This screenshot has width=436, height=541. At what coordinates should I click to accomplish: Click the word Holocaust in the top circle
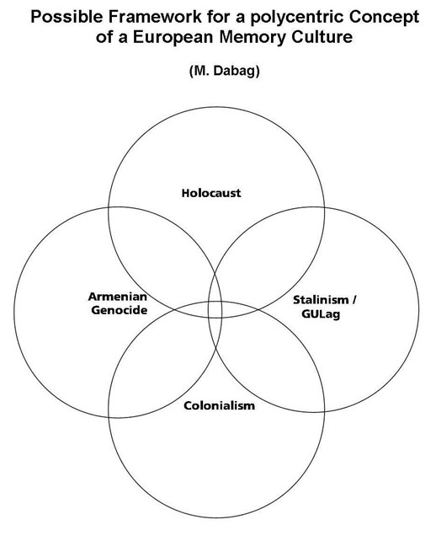211,193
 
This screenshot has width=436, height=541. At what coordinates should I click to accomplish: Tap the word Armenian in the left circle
118,297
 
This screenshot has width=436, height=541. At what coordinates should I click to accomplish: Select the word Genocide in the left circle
120,310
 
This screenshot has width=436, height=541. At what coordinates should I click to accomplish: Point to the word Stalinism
321,300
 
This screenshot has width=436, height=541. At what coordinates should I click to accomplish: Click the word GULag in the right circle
321,314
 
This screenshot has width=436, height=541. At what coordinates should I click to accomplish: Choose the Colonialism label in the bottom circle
219,405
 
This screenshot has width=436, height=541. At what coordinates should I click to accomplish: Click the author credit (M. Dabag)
225,71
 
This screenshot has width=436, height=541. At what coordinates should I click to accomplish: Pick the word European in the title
173,37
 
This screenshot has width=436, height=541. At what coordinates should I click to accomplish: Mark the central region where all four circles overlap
215,309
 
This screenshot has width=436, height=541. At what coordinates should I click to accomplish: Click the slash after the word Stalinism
354,299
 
